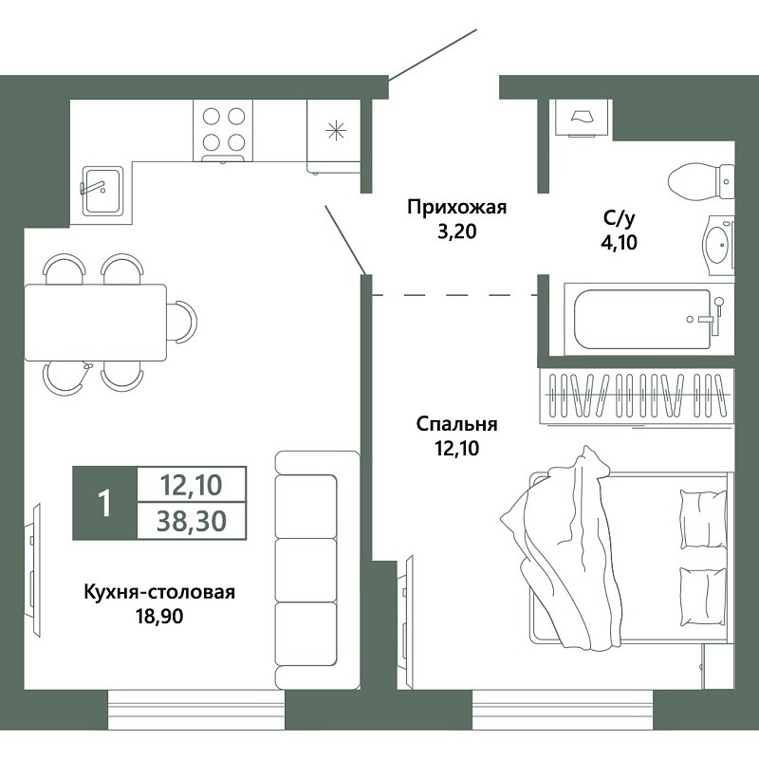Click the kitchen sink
tap(102, 191)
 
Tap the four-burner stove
tap(223, 131)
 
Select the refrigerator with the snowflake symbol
tap(334, 136)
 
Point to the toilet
tap(701, 181)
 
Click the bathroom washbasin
tap(719, 246)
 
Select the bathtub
tap(649, 319)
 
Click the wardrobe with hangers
tap(637, 396)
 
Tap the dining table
tap(96, 323)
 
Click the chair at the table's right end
tap(184, 322)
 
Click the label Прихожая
tap(456, 208)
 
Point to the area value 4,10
tap(619, 243)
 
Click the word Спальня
tap(456, 424)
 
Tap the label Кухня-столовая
tap(159, 592)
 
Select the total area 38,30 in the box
tap(192, 521)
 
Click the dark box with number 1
tap(104, 504)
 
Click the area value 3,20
tap(457, 231)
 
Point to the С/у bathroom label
tap(619, 219)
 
